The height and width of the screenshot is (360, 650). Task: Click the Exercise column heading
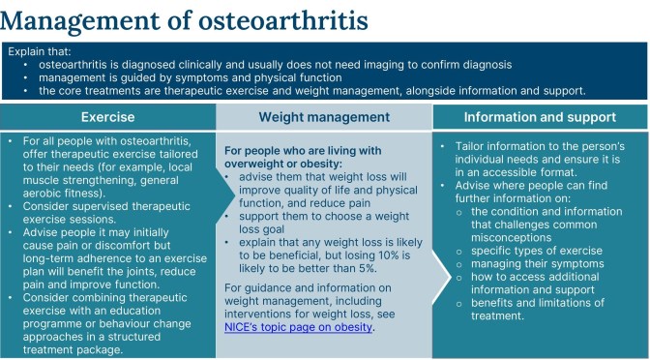[106, 118]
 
